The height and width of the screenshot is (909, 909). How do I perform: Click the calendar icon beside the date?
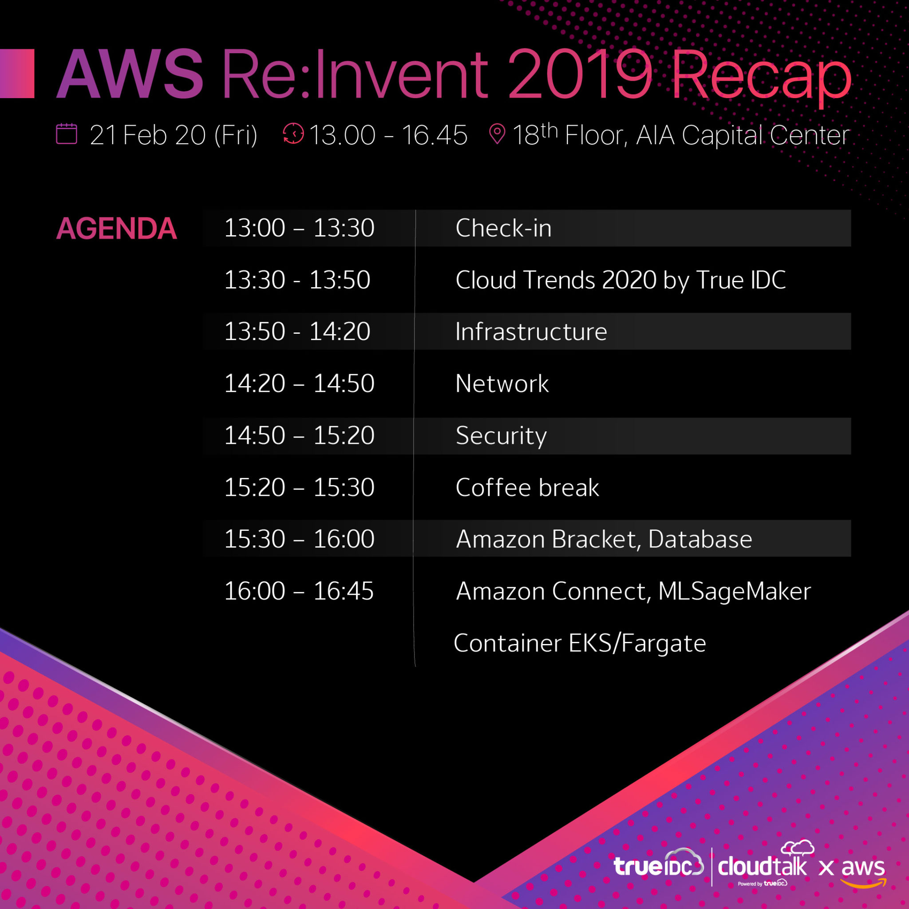tap(66, 134)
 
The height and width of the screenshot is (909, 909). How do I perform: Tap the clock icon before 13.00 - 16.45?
tap(293, 134)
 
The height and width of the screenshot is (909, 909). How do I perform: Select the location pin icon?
tap(497, 134)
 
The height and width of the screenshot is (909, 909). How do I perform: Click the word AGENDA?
tap(116, 229)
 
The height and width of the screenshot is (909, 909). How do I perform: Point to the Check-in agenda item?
tap(503, 228)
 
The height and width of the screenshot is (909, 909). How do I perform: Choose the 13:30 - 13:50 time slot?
tap(297, 280)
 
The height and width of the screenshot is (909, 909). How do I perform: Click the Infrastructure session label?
tap(531, 332)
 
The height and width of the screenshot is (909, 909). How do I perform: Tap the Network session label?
tap(502, 383)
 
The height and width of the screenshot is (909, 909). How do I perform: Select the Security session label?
tap(501, 436)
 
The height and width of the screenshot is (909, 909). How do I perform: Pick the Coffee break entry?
tap(527, 487)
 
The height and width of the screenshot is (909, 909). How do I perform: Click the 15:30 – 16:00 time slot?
tap(299, 539)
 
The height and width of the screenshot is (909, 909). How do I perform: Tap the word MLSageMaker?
tap(734, 591)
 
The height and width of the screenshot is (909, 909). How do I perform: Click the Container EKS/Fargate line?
tap(579, 643)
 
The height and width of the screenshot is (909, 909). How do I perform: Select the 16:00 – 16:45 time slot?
tap(299, 591)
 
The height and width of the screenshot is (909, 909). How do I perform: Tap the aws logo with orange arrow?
tap(862, 870)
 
